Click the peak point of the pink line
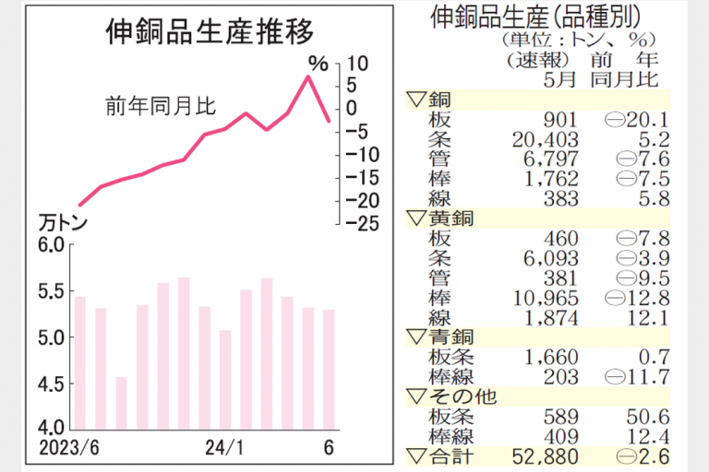coord(308,76)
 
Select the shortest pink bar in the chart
coord(121,402)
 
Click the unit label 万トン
coord(61,223)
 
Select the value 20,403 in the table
coord(549,139)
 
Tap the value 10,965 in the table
coord(549,298)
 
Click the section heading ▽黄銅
coord(441,218)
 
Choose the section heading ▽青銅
coord(441,337)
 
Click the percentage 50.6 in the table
coord(644,416)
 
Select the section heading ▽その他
coord(450,396)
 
